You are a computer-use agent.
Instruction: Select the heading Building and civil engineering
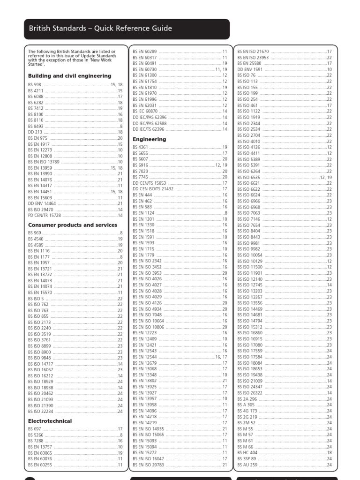[x=69, y=76]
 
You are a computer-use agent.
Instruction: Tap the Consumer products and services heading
[x=73, y=225]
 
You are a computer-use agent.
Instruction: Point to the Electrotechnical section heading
[x=50, y=421]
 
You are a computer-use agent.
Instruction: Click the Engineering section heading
[x=149, y=139]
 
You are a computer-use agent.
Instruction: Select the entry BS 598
[x=34, y=85]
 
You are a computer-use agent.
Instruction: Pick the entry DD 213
[x=35, y=132]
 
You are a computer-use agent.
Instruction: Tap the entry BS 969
[x=34, y=233]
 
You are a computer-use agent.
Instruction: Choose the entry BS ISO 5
[x=36, y=298]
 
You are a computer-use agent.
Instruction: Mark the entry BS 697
[x=34, y=429]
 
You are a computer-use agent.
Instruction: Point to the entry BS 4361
[x=140, y=147]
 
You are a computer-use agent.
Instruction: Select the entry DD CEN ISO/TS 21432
[x=153, y=189]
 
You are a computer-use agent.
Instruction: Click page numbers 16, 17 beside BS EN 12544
[x=221, y=357]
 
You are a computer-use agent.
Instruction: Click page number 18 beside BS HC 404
[x=329, y=453]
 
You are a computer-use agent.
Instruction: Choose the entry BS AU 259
[x=247, y=465]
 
